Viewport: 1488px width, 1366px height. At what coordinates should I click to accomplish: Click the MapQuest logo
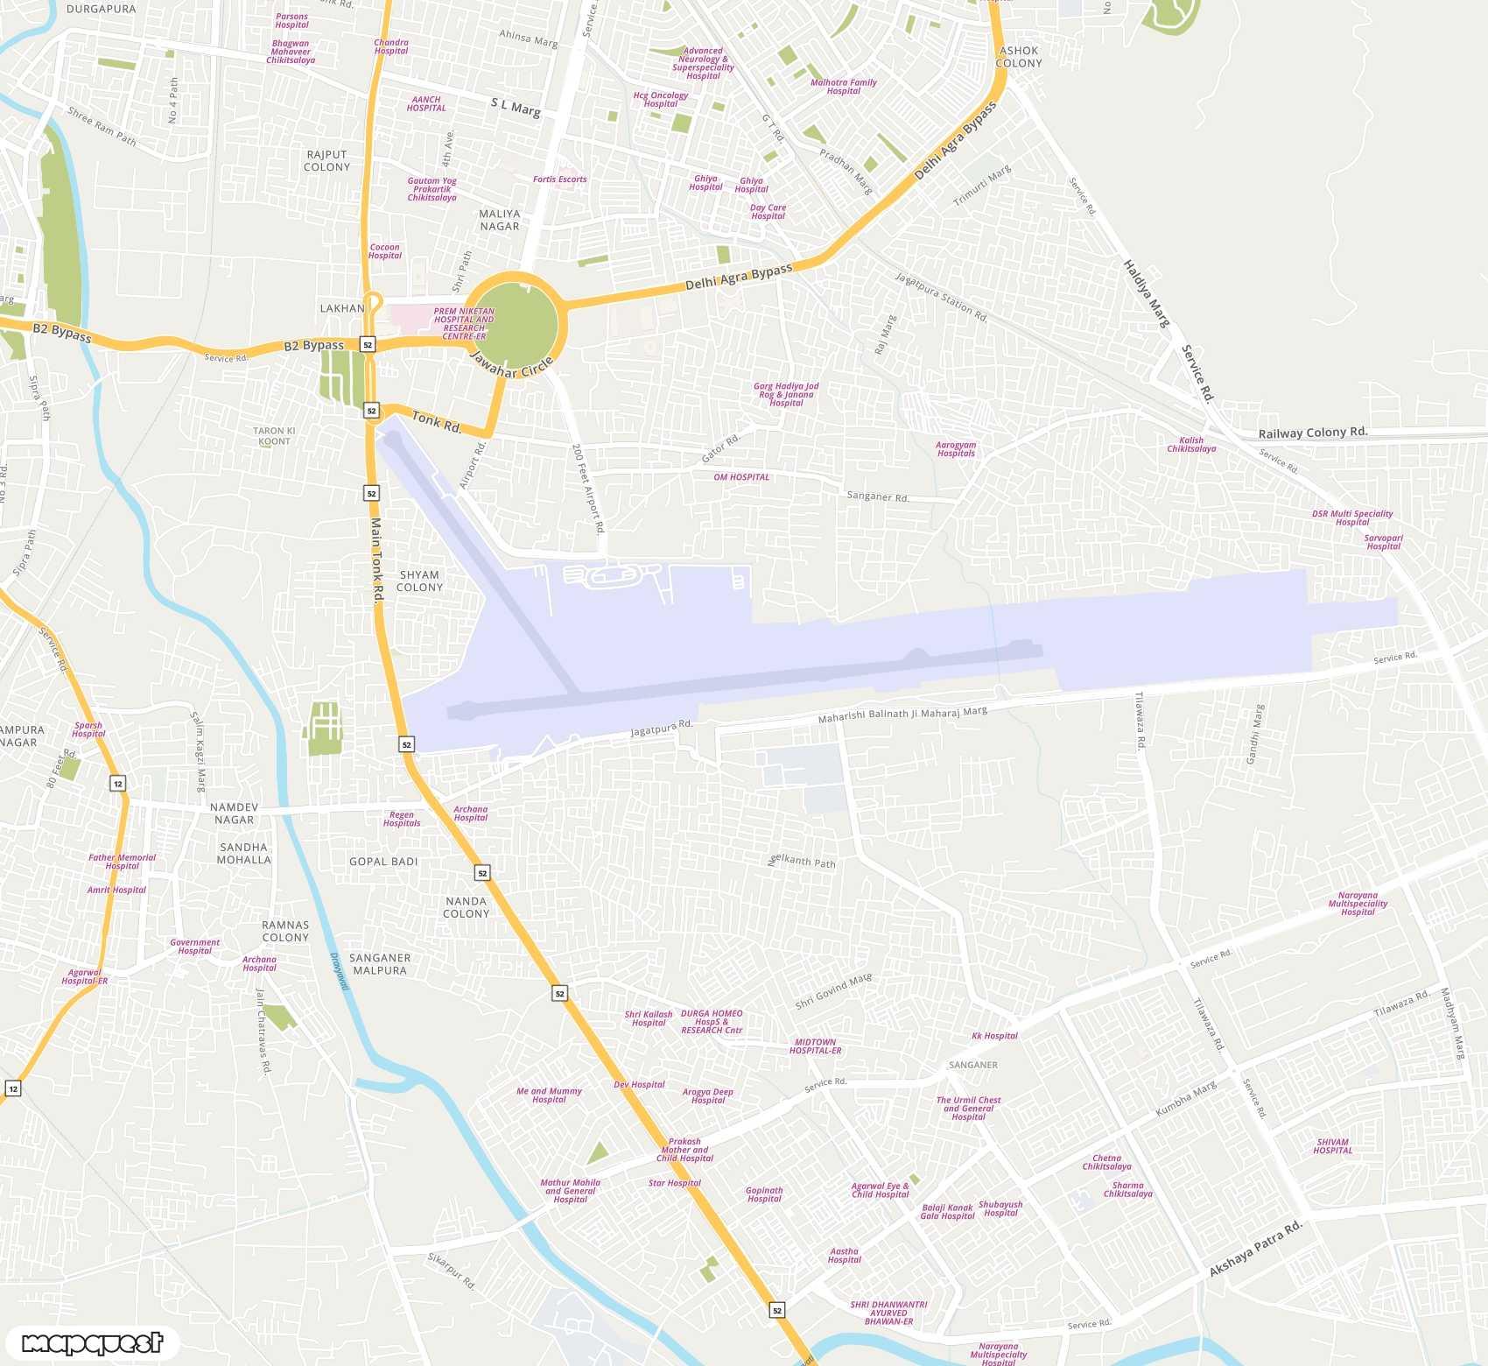(x=92, y=1342)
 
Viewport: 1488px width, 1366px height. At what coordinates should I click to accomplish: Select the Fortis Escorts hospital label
(x=559, y=180)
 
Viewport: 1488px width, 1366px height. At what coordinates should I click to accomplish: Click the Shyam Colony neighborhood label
(x=419, y=581)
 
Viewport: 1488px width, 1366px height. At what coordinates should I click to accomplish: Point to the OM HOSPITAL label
(x=741, y=477)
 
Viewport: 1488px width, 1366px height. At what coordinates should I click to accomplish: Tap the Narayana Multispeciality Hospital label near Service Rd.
(x=1358, y=904)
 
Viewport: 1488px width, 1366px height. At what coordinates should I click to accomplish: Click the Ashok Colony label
(x=1019, y=57)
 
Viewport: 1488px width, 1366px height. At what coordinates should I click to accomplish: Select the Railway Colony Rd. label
(x=1312, y=433)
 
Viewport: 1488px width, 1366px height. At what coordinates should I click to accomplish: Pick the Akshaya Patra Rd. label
(x=1255, y=1248)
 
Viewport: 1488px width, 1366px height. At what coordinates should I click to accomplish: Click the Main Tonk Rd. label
(x=376, y=560)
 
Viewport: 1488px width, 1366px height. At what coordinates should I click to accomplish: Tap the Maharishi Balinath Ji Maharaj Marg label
(x=902, y=715)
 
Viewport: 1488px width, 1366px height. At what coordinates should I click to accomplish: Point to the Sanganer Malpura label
(x=380, y=964)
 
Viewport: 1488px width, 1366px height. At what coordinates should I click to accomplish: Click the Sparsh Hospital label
(x=88, y=729)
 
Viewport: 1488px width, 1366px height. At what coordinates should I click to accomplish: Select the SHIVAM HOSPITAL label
(x=1332, y=1146)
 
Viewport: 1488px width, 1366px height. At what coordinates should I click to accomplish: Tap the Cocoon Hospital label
(x=385, y=251)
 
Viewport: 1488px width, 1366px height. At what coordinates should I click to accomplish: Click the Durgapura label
(x=102, y=9)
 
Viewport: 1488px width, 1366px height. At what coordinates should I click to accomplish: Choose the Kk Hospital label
(x=994, y=1036)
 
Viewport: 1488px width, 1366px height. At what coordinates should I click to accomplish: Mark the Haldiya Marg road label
(x=1147, y=293)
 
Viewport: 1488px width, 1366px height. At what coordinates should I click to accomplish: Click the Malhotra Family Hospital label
(x=843, y=87)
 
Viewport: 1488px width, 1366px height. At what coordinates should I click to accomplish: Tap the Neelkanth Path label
(x=802, y=862)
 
